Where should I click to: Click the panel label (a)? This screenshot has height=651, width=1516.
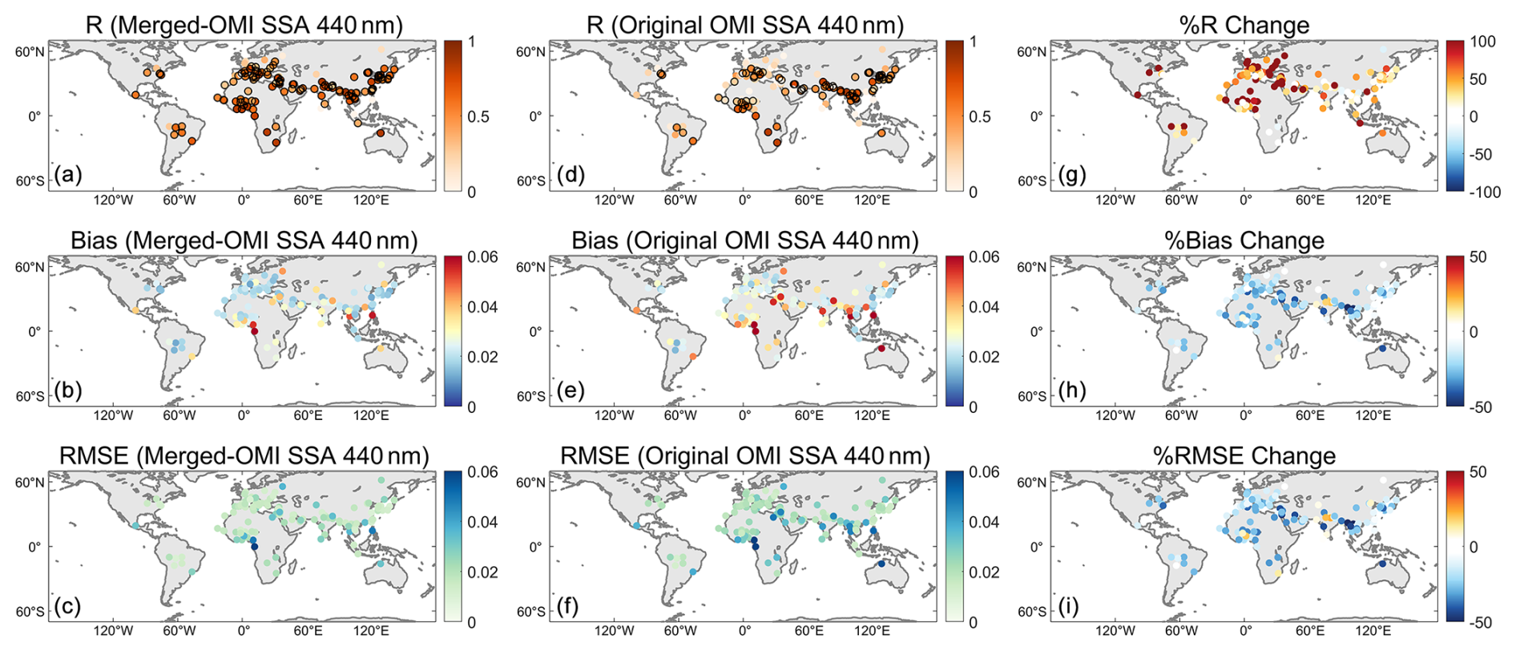(67, 175)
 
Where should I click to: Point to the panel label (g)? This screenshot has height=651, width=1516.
(1070, 175)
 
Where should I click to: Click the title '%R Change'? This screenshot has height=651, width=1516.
(1244, 25)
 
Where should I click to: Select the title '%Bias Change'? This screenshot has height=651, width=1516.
(1244, 241)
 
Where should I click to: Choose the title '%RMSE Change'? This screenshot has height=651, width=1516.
(1244, 456)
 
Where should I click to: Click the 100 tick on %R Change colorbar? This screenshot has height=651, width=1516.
(1482, 42)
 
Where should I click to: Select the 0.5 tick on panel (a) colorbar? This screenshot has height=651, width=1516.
(479, 117)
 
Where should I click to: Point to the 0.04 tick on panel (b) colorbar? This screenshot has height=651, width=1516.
(482, 307)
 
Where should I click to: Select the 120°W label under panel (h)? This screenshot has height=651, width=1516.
(1115, 415)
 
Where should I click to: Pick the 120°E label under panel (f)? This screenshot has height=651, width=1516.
(872, 631)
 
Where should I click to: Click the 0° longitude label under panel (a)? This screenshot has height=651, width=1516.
(243, 200)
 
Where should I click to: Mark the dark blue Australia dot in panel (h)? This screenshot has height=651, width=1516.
(1383, 349)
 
